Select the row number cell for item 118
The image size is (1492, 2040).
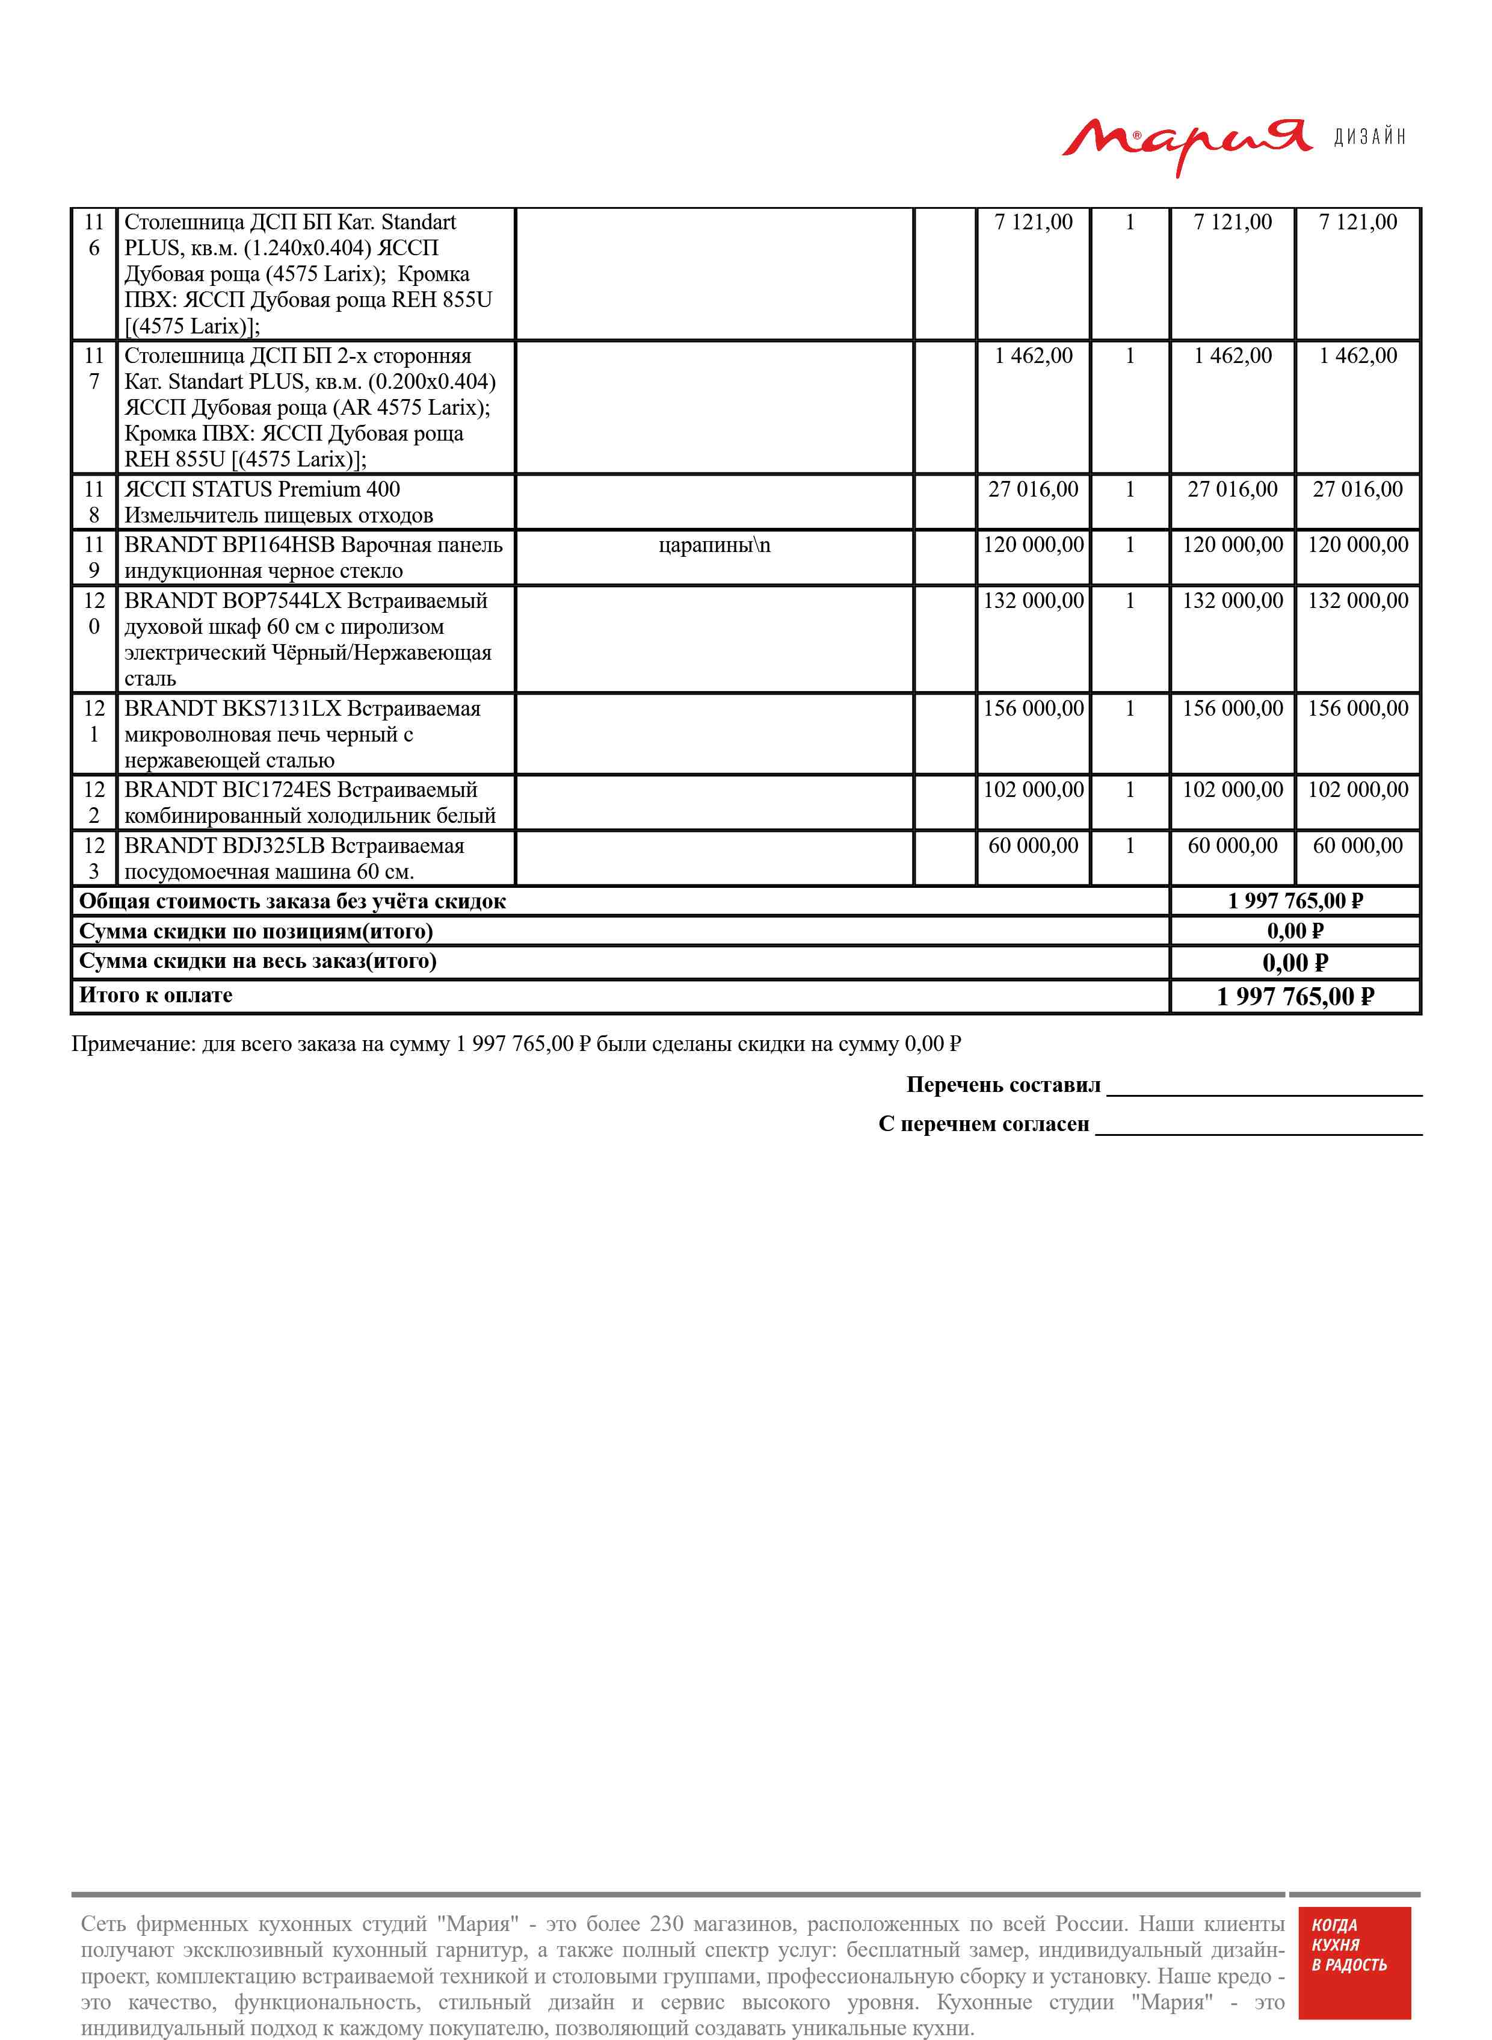[94, 502]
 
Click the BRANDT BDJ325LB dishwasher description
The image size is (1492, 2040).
[294, 858]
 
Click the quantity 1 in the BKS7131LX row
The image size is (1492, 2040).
[1129, 709]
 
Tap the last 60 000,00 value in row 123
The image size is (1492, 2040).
[1357, 846]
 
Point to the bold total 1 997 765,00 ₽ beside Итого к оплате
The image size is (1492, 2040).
[1295, 996]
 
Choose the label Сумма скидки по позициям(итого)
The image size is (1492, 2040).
[256, 931]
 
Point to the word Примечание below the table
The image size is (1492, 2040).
[133, 1044]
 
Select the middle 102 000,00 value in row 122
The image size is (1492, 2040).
[1232, 790]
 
